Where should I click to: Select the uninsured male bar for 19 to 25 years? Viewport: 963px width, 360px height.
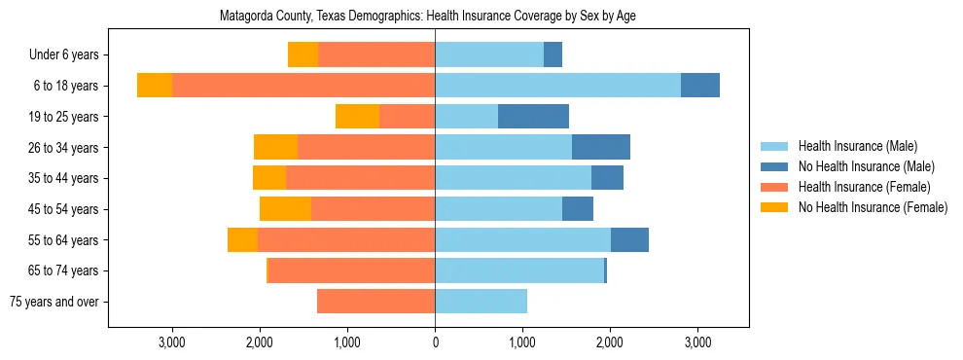point(533,117)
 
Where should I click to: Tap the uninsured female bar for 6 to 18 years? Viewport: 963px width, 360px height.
point(155,86)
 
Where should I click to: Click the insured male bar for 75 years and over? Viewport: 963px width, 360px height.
point(481,302)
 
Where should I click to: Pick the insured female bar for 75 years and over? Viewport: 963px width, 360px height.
point(375,302)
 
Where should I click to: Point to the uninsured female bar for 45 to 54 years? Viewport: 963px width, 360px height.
point(285,209)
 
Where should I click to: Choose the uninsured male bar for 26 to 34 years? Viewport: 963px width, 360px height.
point(601,148)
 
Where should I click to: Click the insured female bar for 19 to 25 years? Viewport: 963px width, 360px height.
point(407,117)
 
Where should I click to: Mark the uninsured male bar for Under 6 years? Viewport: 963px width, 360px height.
point(553,55)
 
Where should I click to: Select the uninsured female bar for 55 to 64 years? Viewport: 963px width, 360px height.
point(242,240)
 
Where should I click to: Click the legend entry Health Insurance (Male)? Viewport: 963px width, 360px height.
point(857,146)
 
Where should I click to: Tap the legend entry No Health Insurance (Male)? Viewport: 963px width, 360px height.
point(866,166)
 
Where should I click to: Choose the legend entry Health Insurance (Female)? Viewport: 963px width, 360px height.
point(863,187)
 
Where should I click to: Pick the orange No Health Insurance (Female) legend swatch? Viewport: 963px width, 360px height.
point(775,207)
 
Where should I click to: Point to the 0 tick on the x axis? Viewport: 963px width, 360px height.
point(435,342)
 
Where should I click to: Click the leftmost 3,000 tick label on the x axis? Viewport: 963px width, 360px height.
point(172,342)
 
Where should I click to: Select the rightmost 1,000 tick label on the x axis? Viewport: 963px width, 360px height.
point(522,342)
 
